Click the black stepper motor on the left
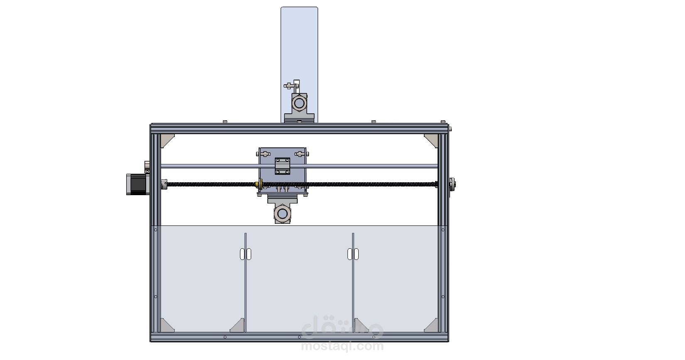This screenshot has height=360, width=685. [137, 184]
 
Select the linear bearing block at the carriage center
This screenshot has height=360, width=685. [282, 166]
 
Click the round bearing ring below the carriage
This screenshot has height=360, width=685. [282, 213]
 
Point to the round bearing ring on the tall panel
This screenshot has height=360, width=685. [299, 103]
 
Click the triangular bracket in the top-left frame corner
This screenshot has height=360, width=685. [166, 140]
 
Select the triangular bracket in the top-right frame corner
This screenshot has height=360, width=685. [431, 140]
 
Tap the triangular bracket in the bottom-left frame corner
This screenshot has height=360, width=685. [166, 326]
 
